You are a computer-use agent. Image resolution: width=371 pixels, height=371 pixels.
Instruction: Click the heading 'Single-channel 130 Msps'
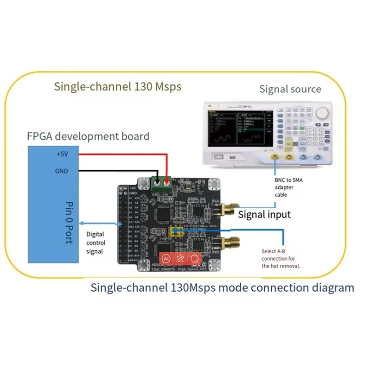point(117,87)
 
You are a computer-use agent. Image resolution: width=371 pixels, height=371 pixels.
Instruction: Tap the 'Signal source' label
point(290,89)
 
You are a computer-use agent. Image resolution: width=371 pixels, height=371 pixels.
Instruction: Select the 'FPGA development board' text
point(88,136)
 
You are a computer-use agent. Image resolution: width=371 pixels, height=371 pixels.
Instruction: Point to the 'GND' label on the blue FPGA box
point(62,171)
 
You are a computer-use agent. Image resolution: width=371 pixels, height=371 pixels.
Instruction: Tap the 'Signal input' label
point(264,214)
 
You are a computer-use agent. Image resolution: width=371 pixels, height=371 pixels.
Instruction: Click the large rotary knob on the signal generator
point(323,113)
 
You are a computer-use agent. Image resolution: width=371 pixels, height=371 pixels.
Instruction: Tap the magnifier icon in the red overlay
point(195,259)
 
